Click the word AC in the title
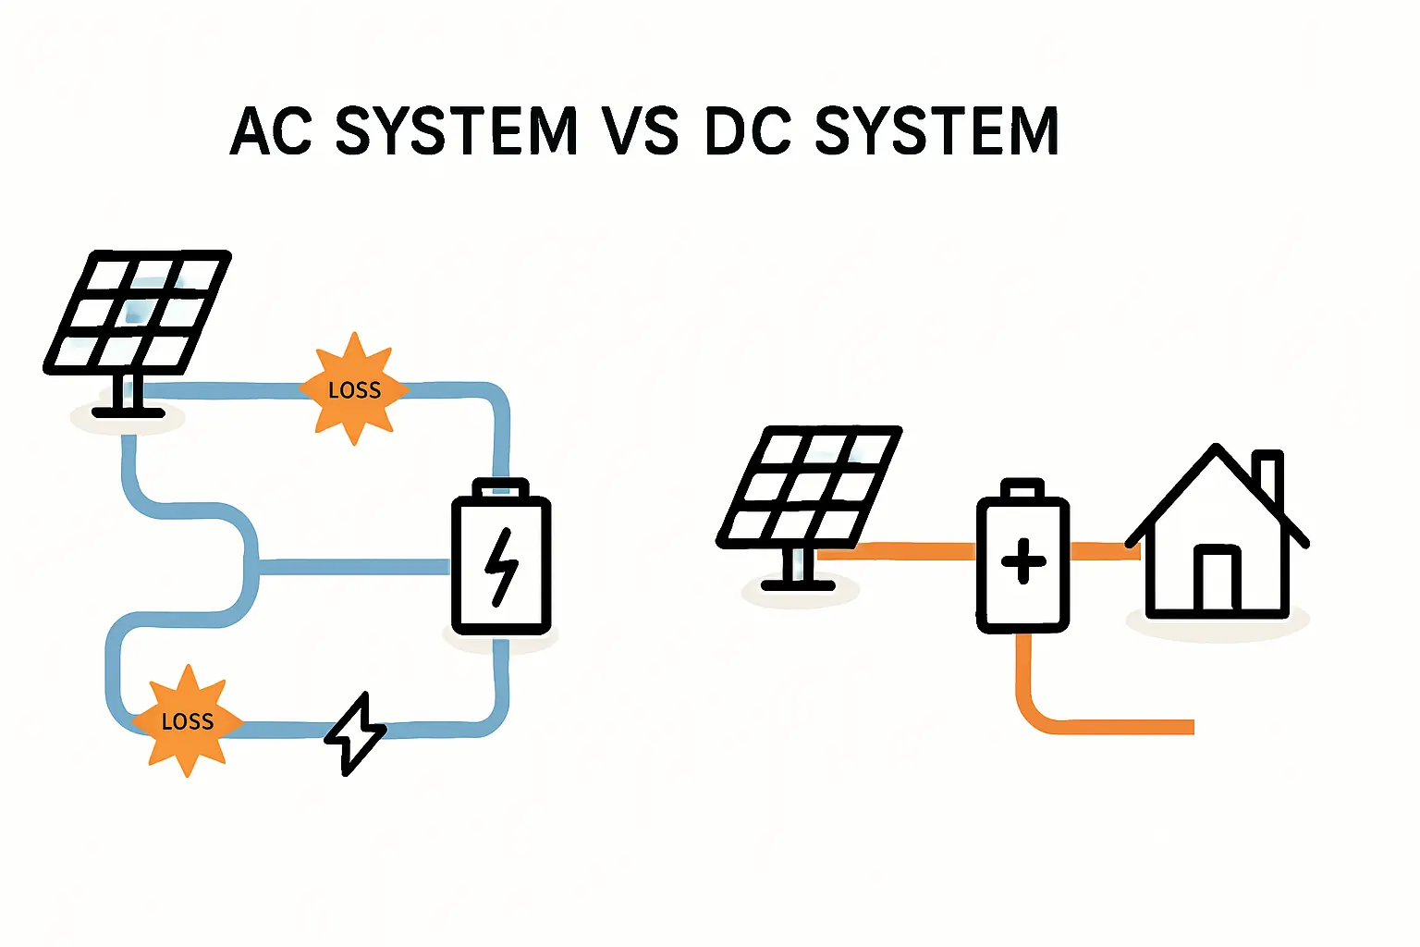pos(271,130)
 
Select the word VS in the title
pos(641,130)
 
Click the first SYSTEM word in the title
pos(456,130)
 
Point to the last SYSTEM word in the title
pos(936,130)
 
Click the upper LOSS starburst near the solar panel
pos(354,389)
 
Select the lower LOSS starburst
pos(188,721)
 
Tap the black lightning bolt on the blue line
pos(355,732)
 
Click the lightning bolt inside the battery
pos(502,566)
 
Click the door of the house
pos(1216,580)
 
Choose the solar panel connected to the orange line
pos(809,486)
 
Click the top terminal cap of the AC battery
pos(500,487)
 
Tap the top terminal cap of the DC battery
pos(1022,488)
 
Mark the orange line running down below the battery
pos(1023,675)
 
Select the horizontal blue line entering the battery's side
pos(351,567)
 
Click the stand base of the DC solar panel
pos(798,584)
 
